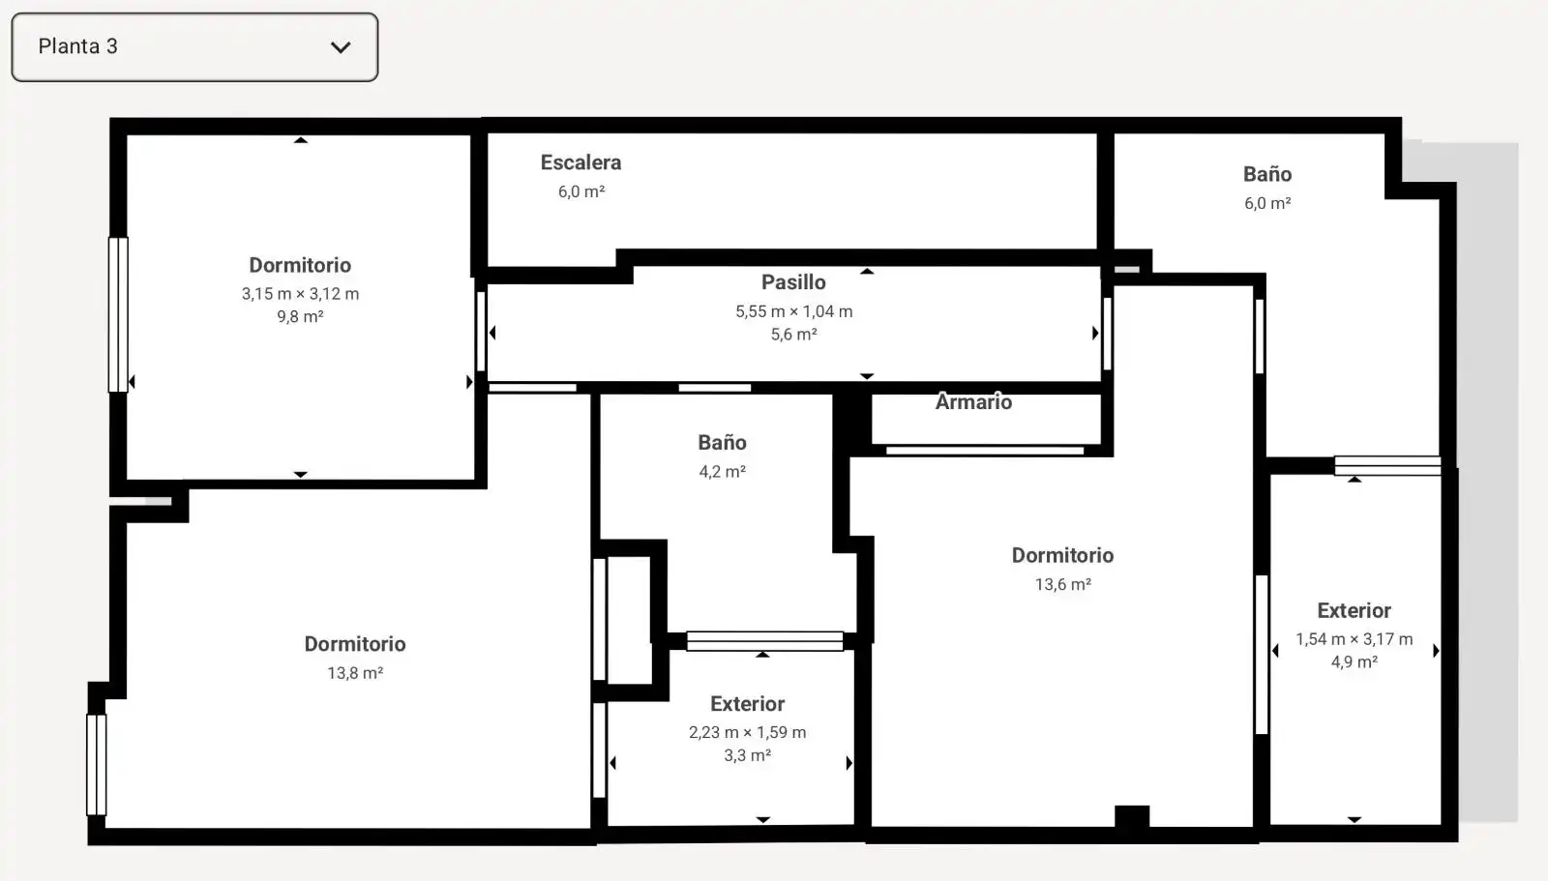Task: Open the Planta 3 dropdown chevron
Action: pyautogui.click(x=341, y=47)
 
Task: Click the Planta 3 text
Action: pyautogui.click(x=78, y=46)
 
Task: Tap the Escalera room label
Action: pyautogui.click(x=580, y=162)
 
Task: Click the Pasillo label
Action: pyautogui.click(x=793, y=282)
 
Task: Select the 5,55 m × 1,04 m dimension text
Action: pyautogui.click(x=793, y=311)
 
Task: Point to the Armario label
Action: pyautogui.click(x=973, y=401)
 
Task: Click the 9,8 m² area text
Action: pyautogui.click(x=300, y=316)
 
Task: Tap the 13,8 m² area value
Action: pyautogui.click(x=354, y=673)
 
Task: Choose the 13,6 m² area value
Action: pyautogui.click(x=1062, y=584)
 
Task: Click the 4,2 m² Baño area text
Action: pyautogui.click(x=722, y=472)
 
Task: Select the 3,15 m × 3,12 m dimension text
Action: pyautogui.click(x=300, y=294)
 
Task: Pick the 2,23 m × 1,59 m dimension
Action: pyautogui.click(x=747, y=732)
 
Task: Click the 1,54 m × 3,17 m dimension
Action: pyautogui.click(x=1354, y=639)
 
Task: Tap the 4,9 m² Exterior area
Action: pyautogui.click(x=1354, y=662)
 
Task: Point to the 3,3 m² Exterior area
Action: pyautogui.click(x=747, y=755)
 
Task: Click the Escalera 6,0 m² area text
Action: pyautogui.click(x=581, y=191)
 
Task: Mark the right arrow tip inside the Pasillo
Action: pyautogui.click(x=1097, y=333)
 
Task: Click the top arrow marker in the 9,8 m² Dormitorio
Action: pyautogui.click(x=300, y=140)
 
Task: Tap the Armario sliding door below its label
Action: pyautogui.click(x=985, y=451)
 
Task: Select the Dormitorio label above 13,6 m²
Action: pyautogui.click(x=1062, y=555)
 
